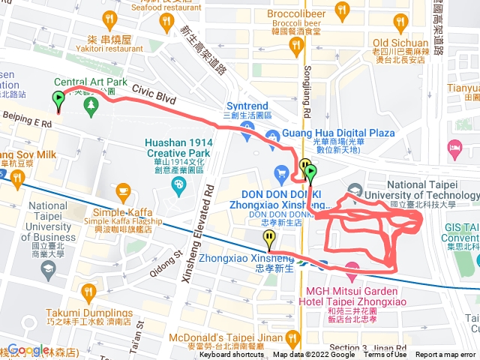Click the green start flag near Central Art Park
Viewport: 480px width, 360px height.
pos(58,99)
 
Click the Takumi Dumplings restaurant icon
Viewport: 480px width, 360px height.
pos(89,291)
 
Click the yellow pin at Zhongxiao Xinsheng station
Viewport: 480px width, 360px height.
pos(269,239)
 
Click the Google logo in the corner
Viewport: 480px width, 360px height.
pos(28,350)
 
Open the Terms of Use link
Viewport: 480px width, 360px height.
pos(385,355)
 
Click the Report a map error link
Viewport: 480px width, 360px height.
pos(447,355)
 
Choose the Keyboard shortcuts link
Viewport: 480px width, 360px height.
pos(232,355)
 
